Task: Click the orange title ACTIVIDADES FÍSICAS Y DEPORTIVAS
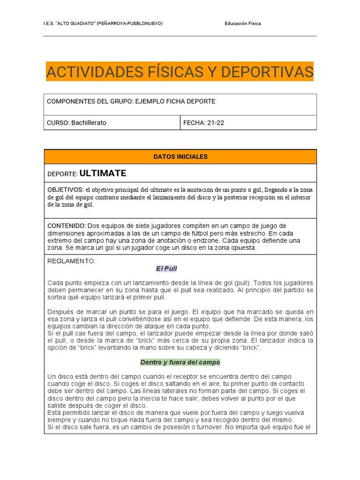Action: coord(180,72)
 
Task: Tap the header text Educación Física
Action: coord(243,23)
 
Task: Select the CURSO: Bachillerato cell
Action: coord(77,123)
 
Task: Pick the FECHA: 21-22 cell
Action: coord(204,123)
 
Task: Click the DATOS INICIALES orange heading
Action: coord(180,157)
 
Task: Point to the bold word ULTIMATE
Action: coord(103,173)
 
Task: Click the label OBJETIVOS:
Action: coord(65,190)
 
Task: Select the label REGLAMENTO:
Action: coord(71,261)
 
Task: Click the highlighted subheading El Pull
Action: coord(166,269)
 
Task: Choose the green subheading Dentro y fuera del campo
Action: coord(180,362)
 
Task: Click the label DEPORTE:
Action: coord(62,174)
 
